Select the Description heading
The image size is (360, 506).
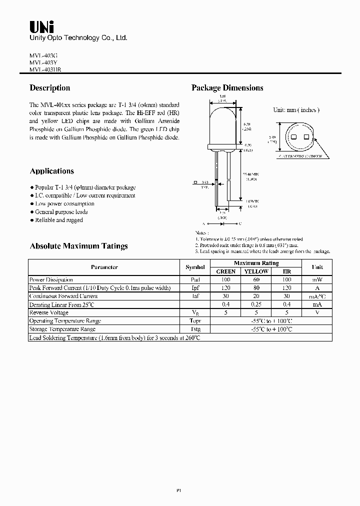pyautogui.click(x=50, y=88)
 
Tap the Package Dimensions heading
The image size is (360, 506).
pyautogui.click(x=227, y=88)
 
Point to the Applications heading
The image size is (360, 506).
pyautogui.click(x=52, y=171)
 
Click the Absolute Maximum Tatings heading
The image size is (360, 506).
pyautogui.click(x=79, y=246)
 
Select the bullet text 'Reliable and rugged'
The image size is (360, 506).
pyautogui.click(x=59, y=220)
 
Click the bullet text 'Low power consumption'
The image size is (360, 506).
pyautogui.click(x=64, y=204)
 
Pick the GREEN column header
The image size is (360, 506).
pyautogui.click(x=225, y=271)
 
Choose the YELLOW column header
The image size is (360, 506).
pyautogui.click(x=256, y=271)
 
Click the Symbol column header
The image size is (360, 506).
pyautogui.click(x=195, y=267)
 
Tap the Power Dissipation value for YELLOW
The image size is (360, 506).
pyautogui.click(x=256, y=279)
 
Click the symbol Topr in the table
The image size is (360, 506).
pyautogui.click(x=195, y=321)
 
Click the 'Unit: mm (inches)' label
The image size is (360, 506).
pyautogui.click(x=296, y=110)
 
